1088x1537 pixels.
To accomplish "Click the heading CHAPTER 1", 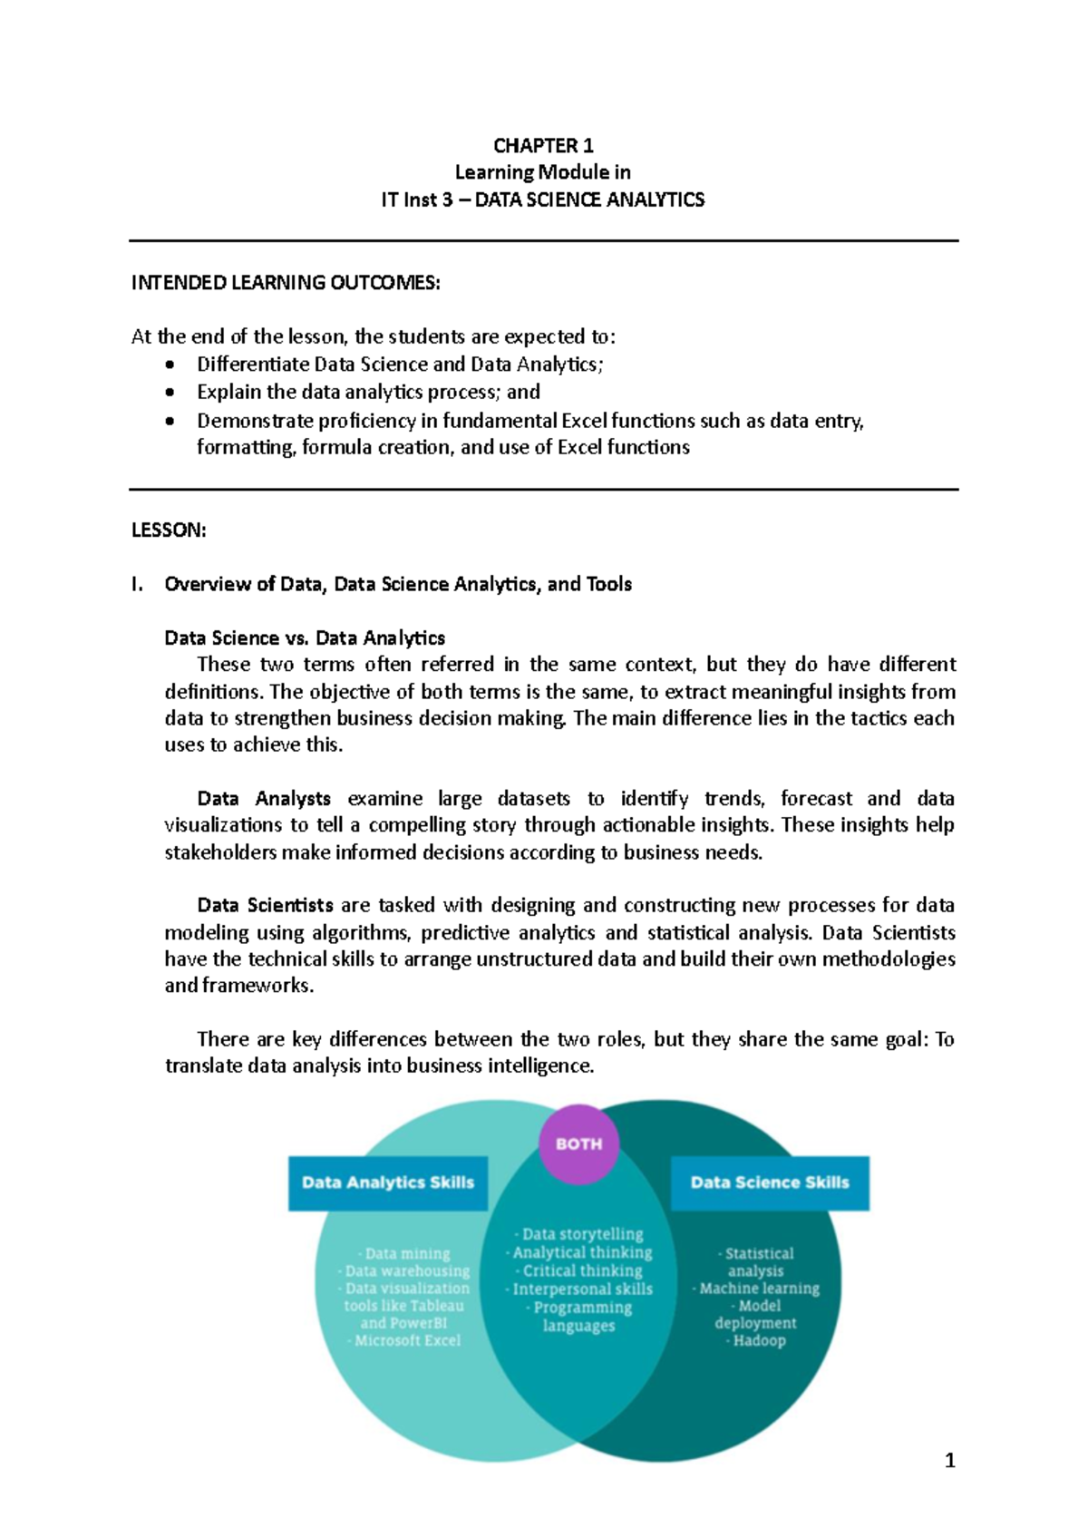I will [x=543, y=146].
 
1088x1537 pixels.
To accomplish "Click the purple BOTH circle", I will [x=578, y=1144].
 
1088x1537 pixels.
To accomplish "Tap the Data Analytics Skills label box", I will [x=388, y=1182].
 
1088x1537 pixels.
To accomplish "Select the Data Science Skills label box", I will [x=770, y=1182].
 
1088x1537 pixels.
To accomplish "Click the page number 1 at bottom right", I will [x=949, y=1460].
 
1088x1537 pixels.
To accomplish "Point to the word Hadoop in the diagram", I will [x=760, y=1340].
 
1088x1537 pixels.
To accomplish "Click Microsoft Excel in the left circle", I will [x=408, y=1340].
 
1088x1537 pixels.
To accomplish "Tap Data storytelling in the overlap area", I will [x=582, y=1234].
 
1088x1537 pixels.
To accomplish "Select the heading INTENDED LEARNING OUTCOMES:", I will [x=286, y=283].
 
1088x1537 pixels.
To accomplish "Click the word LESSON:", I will [x=169, y=530].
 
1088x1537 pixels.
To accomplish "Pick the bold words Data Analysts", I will [x=264, y=799].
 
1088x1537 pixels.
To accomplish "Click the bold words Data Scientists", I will [x=265, y=905].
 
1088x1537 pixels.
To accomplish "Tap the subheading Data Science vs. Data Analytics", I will [x=305, y=637].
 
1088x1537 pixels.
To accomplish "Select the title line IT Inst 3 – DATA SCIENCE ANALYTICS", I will [x=543, y=199].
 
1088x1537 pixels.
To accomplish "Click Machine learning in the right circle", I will [x=759, y=1288].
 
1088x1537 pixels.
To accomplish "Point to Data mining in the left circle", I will [x=407, y=1253].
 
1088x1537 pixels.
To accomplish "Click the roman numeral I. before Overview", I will [x=137, y=584].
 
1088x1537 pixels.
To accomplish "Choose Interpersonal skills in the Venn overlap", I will [x=582, y=1289].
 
